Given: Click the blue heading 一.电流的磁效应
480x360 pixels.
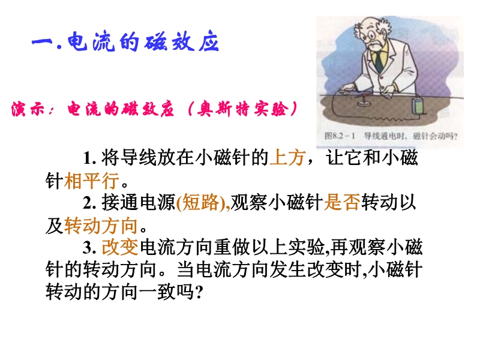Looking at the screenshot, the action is (125, 42).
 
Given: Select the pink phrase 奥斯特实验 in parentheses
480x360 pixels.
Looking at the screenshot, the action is (242, 109).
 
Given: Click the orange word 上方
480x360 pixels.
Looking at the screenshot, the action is (287, 158).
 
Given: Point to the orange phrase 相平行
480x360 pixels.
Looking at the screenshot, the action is (92, 181).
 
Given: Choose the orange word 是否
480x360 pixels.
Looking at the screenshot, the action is (342, 203).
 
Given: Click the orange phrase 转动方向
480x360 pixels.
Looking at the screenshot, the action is (101, 226).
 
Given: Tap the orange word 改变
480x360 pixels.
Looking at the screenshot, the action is (120, 247).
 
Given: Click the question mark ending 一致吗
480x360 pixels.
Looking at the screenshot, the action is (199, 293).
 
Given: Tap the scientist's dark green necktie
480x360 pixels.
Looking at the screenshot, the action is (379, 62).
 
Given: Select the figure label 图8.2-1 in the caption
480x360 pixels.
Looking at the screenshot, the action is (340, 136).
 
